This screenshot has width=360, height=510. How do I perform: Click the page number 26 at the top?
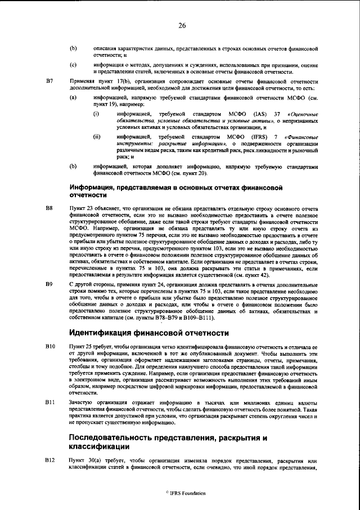point(182,25)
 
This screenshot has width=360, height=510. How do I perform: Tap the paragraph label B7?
point(49,82)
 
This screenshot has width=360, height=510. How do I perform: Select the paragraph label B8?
point(49,209)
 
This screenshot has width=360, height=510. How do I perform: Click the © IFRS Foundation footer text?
point(182,493)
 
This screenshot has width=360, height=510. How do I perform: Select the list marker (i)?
point(96,115)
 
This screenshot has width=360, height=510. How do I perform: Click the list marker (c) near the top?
point(73,65)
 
